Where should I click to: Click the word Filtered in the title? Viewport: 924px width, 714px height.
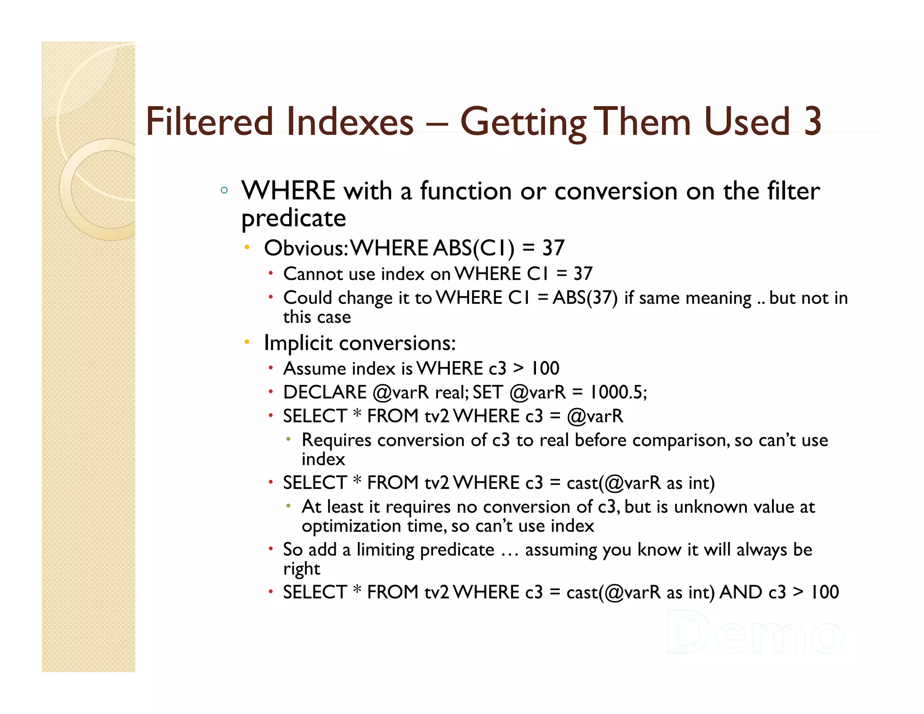(x=209, y=121)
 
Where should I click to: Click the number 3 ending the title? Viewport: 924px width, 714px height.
(x=812, y=121)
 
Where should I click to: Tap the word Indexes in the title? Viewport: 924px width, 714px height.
(x=350, y=121)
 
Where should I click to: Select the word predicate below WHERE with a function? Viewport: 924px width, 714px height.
(x=294, y=218)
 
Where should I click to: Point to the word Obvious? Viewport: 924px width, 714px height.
(x=305, y=248)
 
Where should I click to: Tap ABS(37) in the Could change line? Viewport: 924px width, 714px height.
(x=585, y=298)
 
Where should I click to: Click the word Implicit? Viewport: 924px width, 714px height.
(x=298, y=343)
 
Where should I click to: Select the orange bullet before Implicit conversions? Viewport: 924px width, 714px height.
(x=247, y=342)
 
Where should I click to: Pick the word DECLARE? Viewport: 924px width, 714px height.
(x=325, y=392)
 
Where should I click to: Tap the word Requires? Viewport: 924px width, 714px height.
(x=337, y=440)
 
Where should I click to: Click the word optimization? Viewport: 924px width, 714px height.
(x=351, y=526)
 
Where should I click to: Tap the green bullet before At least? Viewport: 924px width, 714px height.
(x=288, y=506)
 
